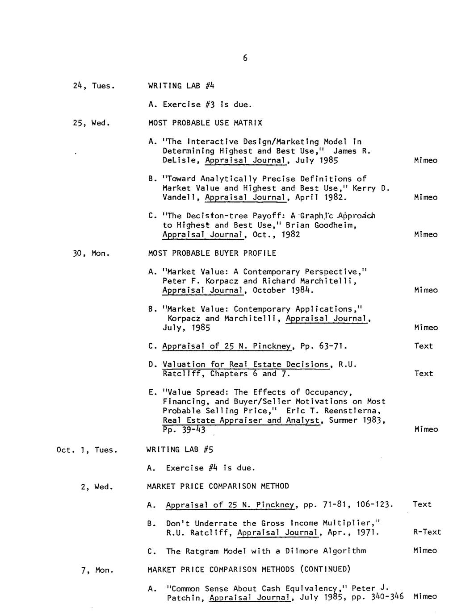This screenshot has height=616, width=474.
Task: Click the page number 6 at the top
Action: click(x=245, y=58)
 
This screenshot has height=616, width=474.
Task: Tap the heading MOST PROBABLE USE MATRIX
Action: click(x=205, y=123)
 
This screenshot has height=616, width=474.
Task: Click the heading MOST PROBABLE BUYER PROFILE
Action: click(x=212, y=253)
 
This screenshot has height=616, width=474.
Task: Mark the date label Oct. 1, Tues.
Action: click(x=87, y=450)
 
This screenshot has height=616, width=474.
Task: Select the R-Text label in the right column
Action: click(x=427, y=532)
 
